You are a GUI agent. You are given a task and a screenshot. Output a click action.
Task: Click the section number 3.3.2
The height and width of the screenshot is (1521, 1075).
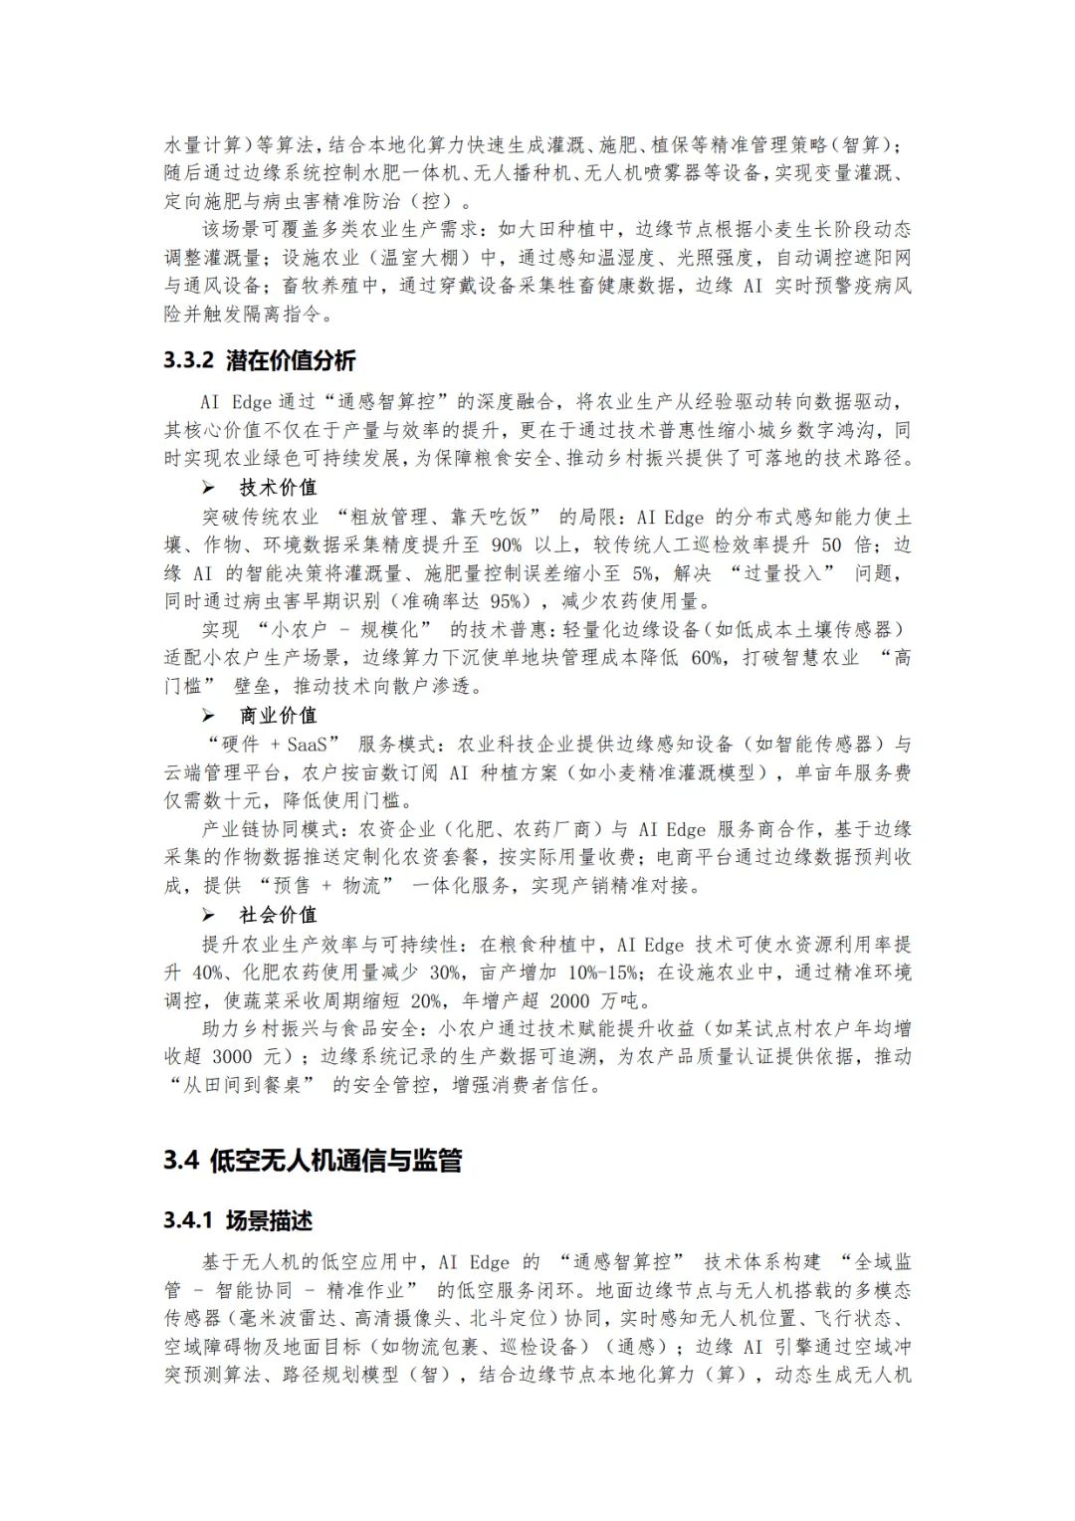pos(189,360)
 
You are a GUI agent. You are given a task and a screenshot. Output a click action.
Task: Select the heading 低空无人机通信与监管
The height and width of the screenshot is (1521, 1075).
pos(336,1161)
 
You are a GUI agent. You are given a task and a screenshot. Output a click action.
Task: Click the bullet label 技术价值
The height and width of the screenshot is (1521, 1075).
pos(278,488)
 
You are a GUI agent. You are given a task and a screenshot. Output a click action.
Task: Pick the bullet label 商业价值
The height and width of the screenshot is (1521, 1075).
pos(278,716)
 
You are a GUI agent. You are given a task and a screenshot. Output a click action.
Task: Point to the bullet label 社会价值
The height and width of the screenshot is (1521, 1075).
pos(278,915)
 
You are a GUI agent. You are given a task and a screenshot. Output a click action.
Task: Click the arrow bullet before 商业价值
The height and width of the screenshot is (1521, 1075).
pos(208,716)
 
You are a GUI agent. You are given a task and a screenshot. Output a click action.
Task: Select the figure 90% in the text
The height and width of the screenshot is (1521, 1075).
pos(506,544)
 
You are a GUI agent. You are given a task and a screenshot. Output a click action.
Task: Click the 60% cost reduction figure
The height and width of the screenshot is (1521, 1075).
pos(707,658)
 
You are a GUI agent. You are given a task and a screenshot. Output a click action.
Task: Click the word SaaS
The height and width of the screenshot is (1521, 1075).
pos(310,745)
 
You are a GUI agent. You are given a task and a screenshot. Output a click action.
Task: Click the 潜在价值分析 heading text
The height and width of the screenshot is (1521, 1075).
pos(291,360)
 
